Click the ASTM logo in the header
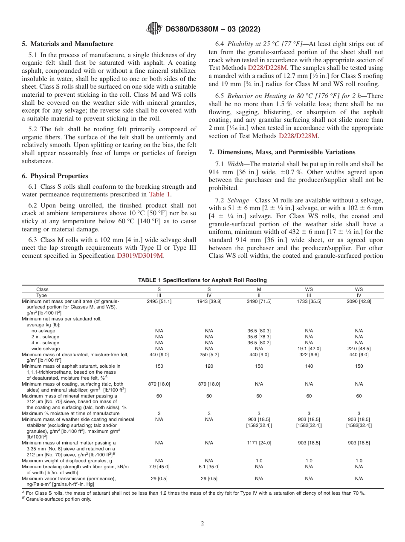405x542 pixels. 154,29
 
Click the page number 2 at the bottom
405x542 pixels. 202,523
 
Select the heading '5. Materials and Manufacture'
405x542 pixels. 67,44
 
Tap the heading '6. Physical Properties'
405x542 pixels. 55,176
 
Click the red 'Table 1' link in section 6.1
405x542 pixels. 159,194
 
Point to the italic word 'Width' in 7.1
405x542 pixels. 235,164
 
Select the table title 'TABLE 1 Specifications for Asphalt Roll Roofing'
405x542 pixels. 202,280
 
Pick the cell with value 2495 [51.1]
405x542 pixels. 159,301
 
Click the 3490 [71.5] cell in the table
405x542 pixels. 259,301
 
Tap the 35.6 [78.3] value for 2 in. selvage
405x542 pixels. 259,336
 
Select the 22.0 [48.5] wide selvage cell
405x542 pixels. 359,348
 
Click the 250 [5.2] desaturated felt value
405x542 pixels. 209,354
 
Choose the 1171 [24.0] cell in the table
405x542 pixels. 259,443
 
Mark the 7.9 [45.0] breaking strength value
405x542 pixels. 159,467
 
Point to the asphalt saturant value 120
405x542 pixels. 209,366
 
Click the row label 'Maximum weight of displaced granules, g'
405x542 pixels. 67,461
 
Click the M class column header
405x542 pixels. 259,289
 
